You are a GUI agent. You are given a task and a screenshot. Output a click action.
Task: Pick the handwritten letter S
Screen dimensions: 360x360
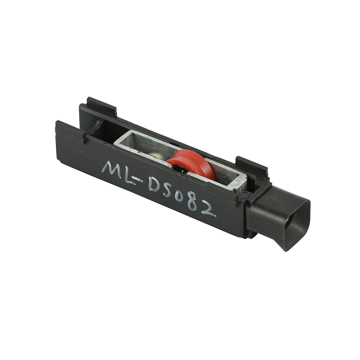tap(168, 192)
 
